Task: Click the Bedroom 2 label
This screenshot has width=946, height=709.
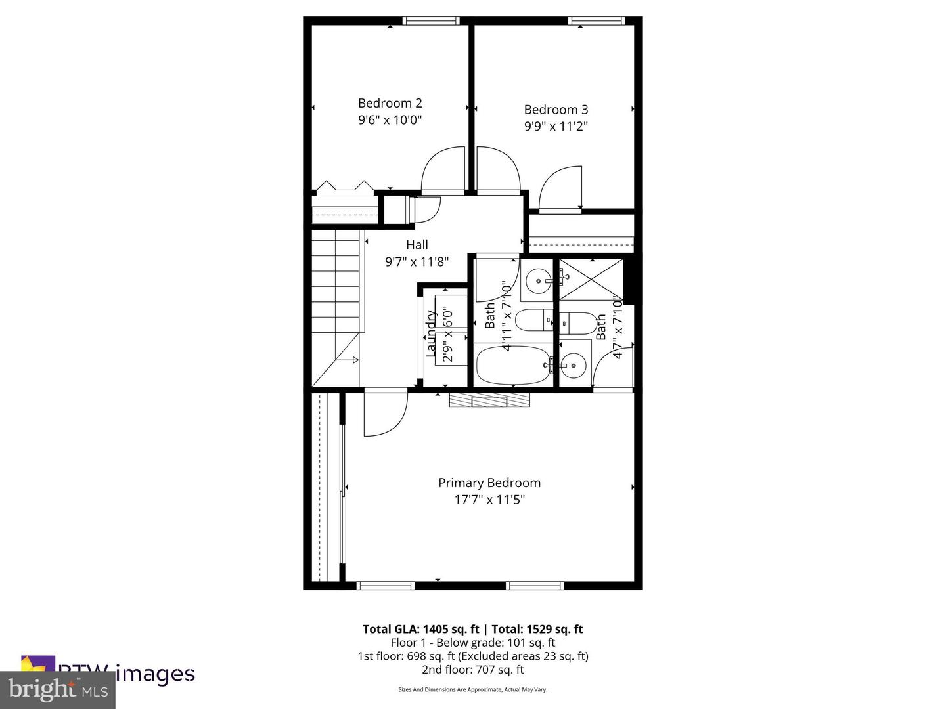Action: [x=390, y=103]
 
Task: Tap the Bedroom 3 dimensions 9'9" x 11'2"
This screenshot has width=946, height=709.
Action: [x=556, y=127]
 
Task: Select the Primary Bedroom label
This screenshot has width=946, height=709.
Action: [x=489, y=483]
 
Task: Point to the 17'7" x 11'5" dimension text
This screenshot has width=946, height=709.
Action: [x=489, y=500]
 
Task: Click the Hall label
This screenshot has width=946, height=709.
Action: [x=417, y=245]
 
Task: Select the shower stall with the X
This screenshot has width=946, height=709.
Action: [x=589, y=279]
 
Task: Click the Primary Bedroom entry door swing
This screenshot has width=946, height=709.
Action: [x=384, y=415]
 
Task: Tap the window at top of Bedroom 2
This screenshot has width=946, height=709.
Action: [x=431, y=21]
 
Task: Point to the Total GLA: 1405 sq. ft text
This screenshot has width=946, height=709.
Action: [x=420, y=629]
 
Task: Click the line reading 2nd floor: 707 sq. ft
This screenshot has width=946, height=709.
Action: [x=472, y=670]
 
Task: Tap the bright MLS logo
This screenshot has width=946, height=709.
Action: [x=58, y=690]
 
